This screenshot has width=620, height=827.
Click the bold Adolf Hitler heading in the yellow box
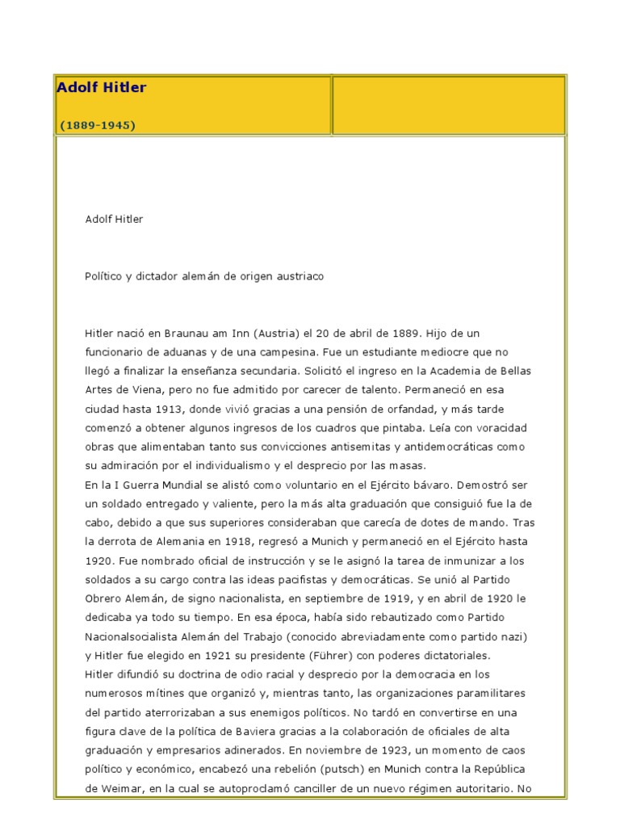pyautogui.click(x=102, y=87)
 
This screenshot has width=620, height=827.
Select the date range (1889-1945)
pyautogui.click(x=98, y=125)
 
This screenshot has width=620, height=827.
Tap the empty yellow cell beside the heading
pyautogui.click(x=449, y=105)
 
